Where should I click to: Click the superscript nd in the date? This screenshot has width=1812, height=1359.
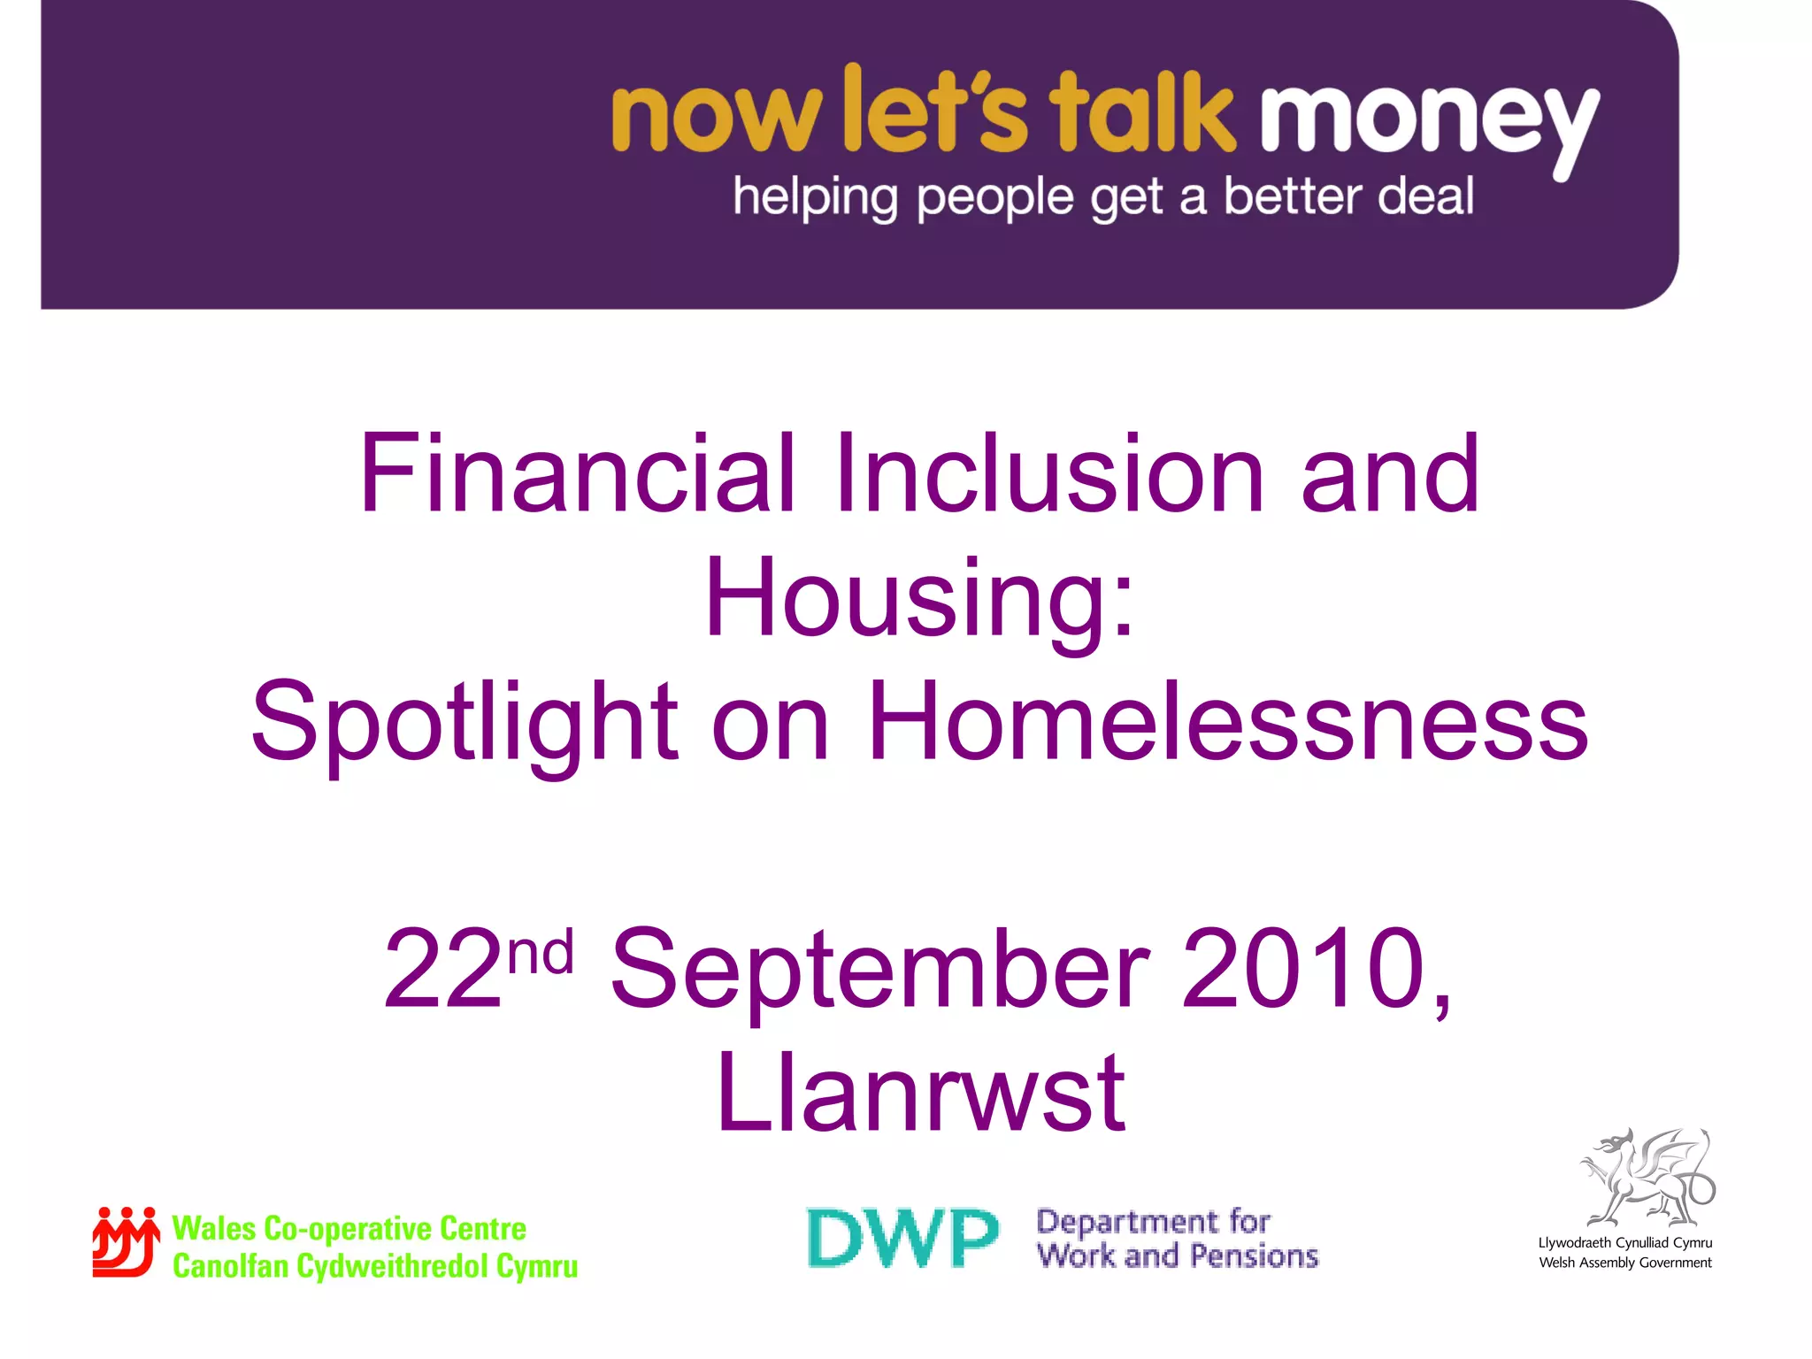click(x=541, y=951)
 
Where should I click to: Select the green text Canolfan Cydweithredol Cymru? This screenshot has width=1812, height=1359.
click(x=375, y=1266)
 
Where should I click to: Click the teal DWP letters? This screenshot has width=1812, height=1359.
click(x=902, y=1238)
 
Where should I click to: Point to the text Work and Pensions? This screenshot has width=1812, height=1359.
click(x=1178, y=1256)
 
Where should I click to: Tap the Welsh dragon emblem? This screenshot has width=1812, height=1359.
click(x=1647, y=1177)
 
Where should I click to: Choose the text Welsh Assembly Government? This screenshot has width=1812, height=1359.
click(x=1625, y=1263)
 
